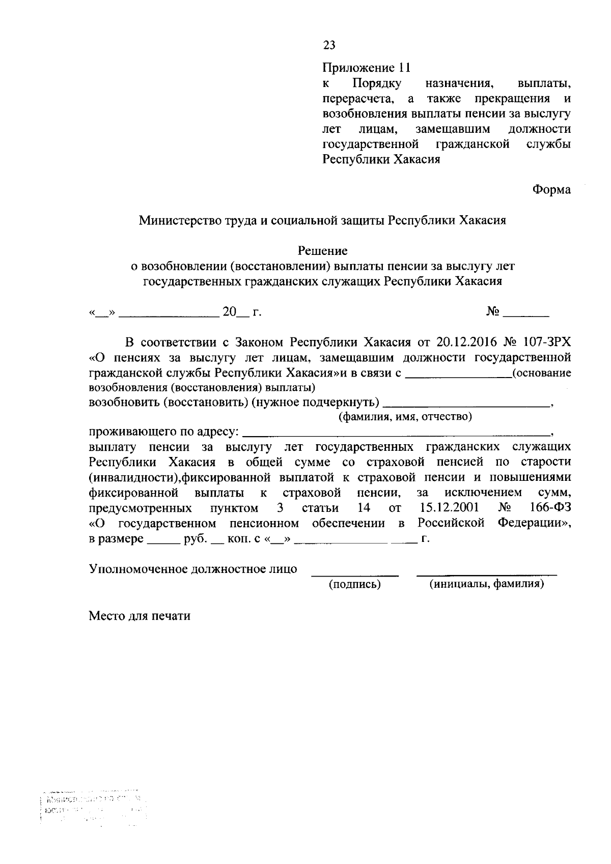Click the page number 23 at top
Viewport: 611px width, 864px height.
coord(329,45)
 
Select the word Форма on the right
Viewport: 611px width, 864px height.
coord(551,190)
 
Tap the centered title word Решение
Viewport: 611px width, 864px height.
coord(323,250)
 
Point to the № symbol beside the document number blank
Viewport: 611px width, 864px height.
coord(492,311)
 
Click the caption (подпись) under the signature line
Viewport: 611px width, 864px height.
coord(355,584)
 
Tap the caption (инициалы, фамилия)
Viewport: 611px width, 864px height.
coord(486,584)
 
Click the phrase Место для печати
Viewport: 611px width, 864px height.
coord(140,616)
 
